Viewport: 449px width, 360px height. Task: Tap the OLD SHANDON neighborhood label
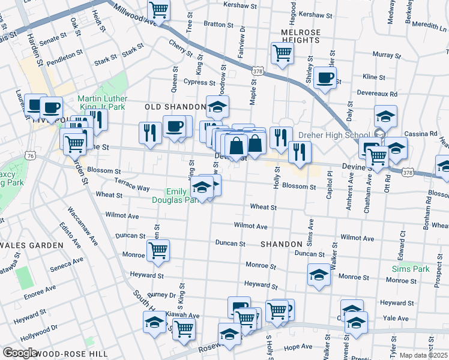tap(176, 107)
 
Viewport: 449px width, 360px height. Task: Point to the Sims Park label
tap(411, 269)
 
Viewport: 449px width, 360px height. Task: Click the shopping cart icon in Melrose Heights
tap(282, 53)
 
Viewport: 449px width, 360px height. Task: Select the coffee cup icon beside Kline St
tap(325, 78)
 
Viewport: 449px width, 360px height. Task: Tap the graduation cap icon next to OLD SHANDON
tap(218, 107)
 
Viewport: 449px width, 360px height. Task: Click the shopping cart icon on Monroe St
tap(158, 250)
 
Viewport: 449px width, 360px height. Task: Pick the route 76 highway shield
tap(30, 155)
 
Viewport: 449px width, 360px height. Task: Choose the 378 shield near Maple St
tap(258, 70)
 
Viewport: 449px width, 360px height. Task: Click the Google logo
tap(20, 353)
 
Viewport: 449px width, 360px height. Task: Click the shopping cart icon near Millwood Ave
tap(158, 9)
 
